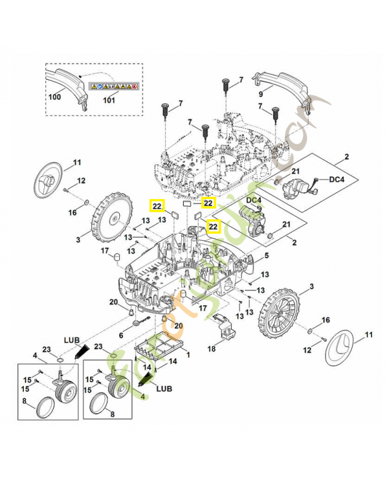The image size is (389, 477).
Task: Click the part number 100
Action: point(55,96)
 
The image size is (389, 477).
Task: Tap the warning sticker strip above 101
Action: point(113,86)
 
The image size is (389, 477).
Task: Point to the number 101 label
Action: point(109,100)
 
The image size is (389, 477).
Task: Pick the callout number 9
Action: point(261,94)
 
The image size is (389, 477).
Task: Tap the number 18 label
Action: point(211,348)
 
